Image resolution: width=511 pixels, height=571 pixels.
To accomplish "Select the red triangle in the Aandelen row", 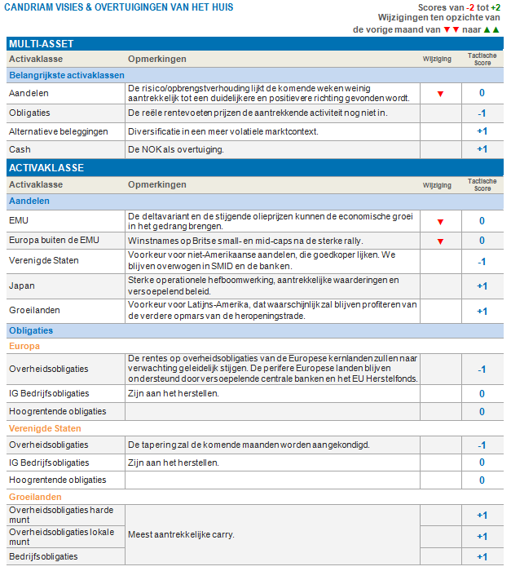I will click(440, 94).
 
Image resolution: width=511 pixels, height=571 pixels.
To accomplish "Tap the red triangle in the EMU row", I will click(440, 222).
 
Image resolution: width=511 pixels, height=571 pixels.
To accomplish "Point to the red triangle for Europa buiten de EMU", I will click(440, 241).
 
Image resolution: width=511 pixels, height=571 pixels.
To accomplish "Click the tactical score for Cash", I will click(482, 149).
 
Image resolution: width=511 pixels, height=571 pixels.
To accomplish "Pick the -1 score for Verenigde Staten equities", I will click(482, 262).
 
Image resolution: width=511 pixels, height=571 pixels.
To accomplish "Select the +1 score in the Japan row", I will click(482, 286).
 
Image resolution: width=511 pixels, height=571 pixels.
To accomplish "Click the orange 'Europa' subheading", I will click(24, 346).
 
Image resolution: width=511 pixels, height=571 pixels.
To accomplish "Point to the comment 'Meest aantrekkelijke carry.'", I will click(181, 535).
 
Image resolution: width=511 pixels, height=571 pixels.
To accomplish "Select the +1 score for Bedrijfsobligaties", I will click(482, 557).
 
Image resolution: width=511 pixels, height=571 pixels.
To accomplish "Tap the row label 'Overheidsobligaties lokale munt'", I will click(62, 536).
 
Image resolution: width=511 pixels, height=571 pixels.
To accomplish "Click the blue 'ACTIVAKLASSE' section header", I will click(46, 168).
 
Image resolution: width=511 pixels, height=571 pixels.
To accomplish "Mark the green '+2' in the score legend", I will click(496, 7).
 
